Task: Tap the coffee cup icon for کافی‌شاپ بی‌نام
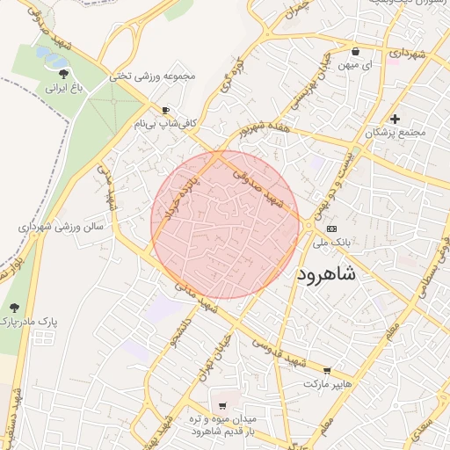click(x=166, y=111)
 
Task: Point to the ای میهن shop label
click(x=354, y=65)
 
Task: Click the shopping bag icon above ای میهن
click(x=354, y=50)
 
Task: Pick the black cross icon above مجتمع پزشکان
click(x=396, y=119)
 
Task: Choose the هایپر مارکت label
click(x=328, y=385)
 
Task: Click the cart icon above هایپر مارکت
click(x=328, y=371)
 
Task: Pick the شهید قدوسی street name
click(x=275, y=349)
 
